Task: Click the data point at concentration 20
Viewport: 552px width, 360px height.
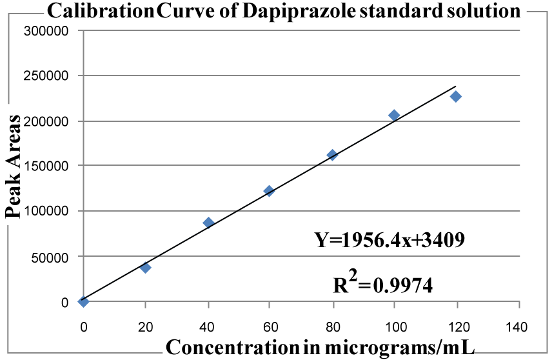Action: pos(146,267)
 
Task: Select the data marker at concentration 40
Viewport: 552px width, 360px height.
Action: pos(208,223)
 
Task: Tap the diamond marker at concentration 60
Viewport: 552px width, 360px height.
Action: pos(269,191)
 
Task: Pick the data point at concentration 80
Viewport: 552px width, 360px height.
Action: pos(332,155)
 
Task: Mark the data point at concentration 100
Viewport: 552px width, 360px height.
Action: pos(394,115)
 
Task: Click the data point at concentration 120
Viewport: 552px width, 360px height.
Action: pos(456,97)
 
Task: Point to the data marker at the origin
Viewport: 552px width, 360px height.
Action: pos(83,301)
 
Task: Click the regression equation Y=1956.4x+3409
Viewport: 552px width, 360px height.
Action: pos(389,241)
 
